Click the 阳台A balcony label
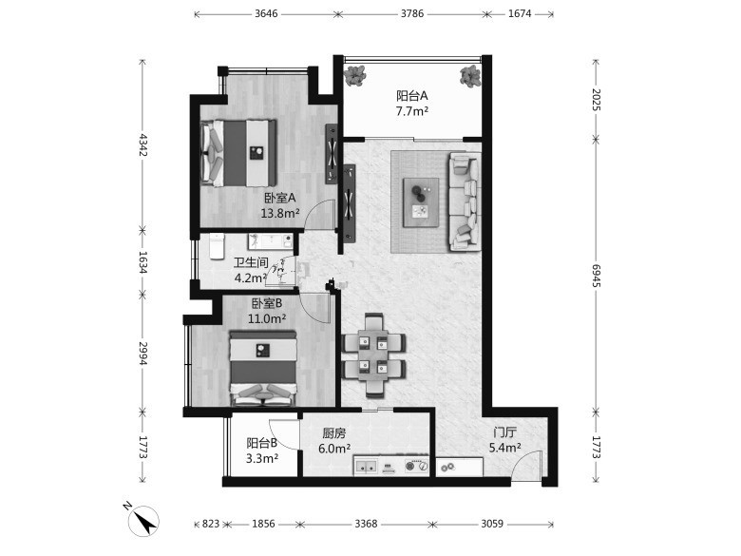[x=412, y=96]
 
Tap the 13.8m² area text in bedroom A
[x=280, y=213]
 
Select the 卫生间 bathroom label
[x=251, y=262]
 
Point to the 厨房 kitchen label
[x=334, y=433]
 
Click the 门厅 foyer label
[x=504, y=432]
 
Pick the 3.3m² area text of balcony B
[x=262, y=458]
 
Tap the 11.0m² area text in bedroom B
[x=267, y=318]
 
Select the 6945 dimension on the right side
[x=597, y=276]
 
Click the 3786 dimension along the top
[x=412, y=13]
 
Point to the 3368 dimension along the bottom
[x=367, y=524]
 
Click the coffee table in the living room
[x=421, y=201]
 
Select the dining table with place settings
[x=373, y=355]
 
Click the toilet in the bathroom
[x=217, y=246]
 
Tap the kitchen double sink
[x=367, y=465]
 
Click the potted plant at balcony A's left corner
[x=355, y=76]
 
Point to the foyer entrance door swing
[x=526, y=465]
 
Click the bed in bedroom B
[x=264, y=369]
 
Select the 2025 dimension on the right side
[x=597, y=99]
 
